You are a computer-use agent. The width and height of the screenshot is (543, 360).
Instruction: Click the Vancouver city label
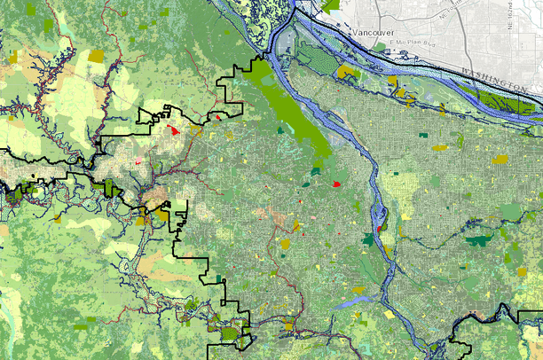tap(373, 32)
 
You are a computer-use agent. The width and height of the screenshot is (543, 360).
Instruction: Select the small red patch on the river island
tap(380, 230)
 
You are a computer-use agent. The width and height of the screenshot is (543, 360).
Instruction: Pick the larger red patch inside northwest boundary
tap(174, 130)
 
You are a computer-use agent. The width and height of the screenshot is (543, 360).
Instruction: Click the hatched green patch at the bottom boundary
tap(230, 334)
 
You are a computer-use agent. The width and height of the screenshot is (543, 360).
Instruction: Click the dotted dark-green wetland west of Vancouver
tap(315, 56)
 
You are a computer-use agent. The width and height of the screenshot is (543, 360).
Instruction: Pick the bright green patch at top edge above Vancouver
tap(333, 4)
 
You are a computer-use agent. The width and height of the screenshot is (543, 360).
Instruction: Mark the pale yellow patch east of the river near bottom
tap(389, 314)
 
